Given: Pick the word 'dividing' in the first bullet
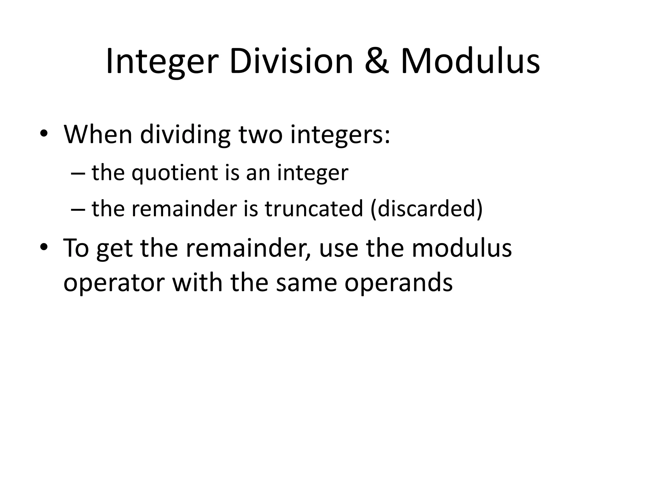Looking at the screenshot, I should click(x=185, y=135).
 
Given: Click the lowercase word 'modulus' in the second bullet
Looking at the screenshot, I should click(x=461, y=248).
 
